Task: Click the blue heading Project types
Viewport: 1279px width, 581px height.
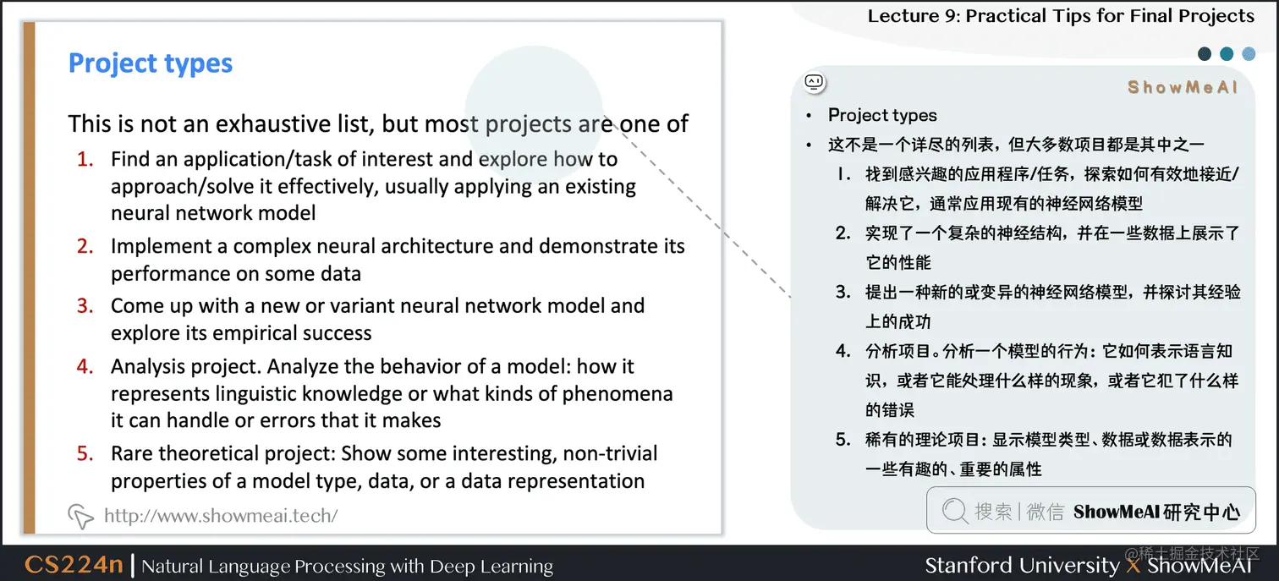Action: pyautogui.click(x=151, y=63)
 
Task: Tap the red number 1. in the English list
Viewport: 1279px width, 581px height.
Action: pyautogui.click(x=85, y=160)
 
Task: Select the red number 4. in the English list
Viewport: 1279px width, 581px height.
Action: pyautogui.click(x=85, y=367)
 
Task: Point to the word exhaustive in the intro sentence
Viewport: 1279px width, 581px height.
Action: pyautogui.click(x=294, y=124)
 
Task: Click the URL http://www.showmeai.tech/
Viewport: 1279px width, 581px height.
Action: pyautogui.click(x=221, y=515)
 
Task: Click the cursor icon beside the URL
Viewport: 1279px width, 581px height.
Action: pyautogui.click(x=80, y=515)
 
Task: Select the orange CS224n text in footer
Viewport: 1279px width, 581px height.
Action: pyautogui.click(x=74, y=565)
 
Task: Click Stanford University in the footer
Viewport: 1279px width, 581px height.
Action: pyautogui.click(x=1022, y=565)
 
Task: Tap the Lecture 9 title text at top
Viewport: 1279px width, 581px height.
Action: pyautogui.click(x=1061, y=16)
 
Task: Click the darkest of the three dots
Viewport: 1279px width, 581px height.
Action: pyautogui.click(x=1205, y=54)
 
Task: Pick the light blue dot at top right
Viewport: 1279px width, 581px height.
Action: pyautogui.click(x=1249, y=54)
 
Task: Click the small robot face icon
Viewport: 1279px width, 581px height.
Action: pyautogui.click(x=815, y=83)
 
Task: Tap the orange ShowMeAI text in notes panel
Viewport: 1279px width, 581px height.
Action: pyautogui.click(x=1183, y=88)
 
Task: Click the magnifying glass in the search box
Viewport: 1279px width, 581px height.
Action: pyautogui.click(x=954, y=510)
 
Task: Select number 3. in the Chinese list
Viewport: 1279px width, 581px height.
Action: pyautogui.click(x=843, y=293)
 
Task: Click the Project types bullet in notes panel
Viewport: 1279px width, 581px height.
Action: pyautogui.click(x=882, y=115)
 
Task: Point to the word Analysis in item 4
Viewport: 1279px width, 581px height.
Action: pyautogui.click(x=145, y=367)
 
